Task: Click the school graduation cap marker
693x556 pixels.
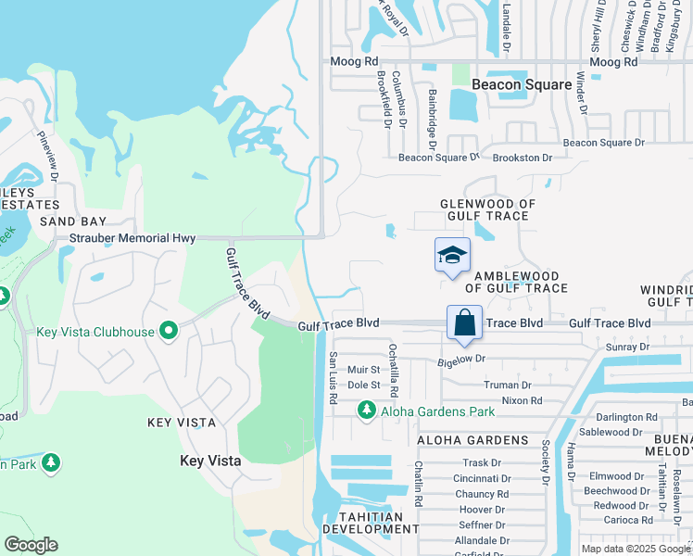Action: click(452, 255)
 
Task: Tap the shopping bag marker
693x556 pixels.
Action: click(464, 322)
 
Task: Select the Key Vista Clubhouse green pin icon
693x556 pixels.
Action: click(168, 331)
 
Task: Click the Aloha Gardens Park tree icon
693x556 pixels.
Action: click(367, 409)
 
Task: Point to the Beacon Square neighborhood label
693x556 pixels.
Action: click(522, 84)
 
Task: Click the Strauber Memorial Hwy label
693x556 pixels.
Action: click(133, 238)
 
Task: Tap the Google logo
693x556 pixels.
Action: click(31, 545)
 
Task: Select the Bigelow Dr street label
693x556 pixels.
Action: click(461, 358)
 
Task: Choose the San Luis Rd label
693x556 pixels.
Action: click(332, 377)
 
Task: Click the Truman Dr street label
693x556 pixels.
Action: click(508, 385)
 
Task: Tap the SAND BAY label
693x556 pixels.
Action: click(73, 221)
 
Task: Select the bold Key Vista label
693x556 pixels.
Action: click(210, 461)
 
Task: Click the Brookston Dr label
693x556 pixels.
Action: click(522, 158)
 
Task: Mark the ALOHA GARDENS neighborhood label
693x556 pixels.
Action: click(472, 440)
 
